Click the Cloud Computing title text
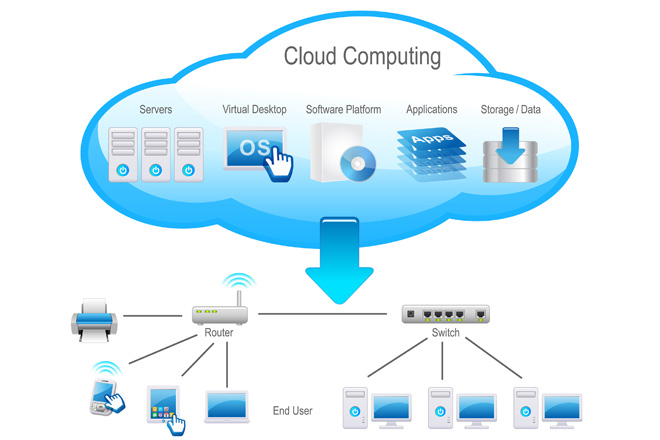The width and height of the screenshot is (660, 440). (x=362, y=56)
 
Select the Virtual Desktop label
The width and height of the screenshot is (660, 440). (x=254, y=109)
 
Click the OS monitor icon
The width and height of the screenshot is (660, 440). (x=253, y=149)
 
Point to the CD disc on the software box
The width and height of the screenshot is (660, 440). (x=356, y=164)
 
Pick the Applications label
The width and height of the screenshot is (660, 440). (x=432, y=109)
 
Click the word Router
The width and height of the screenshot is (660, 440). (x=219, y=333)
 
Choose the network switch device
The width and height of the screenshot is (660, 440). (x=445, y=314)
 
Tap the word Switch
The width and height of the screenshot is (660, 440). (x=446, y=333)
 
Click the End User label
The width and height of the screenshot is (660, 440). (x=293, y=410)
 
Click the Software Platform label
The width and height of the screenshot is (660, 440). (x=343, y=109)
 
